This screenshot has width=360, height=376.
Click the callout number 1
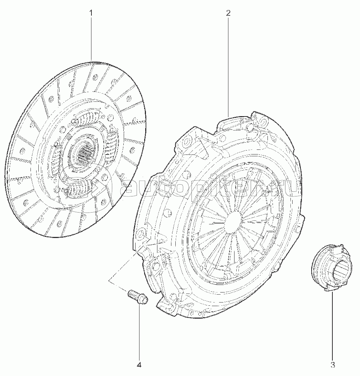click(91, 13)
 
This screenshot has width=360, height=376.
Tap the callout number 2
click(228, 13)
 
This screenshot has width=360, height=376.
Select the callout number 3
click(332, 365)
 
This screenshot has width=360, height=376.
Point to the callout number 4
click(139, 365)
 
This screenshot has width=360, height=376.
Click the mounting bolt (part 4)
click(137, 297)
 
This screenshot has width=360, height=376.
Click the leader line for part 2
click(228, 67)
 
